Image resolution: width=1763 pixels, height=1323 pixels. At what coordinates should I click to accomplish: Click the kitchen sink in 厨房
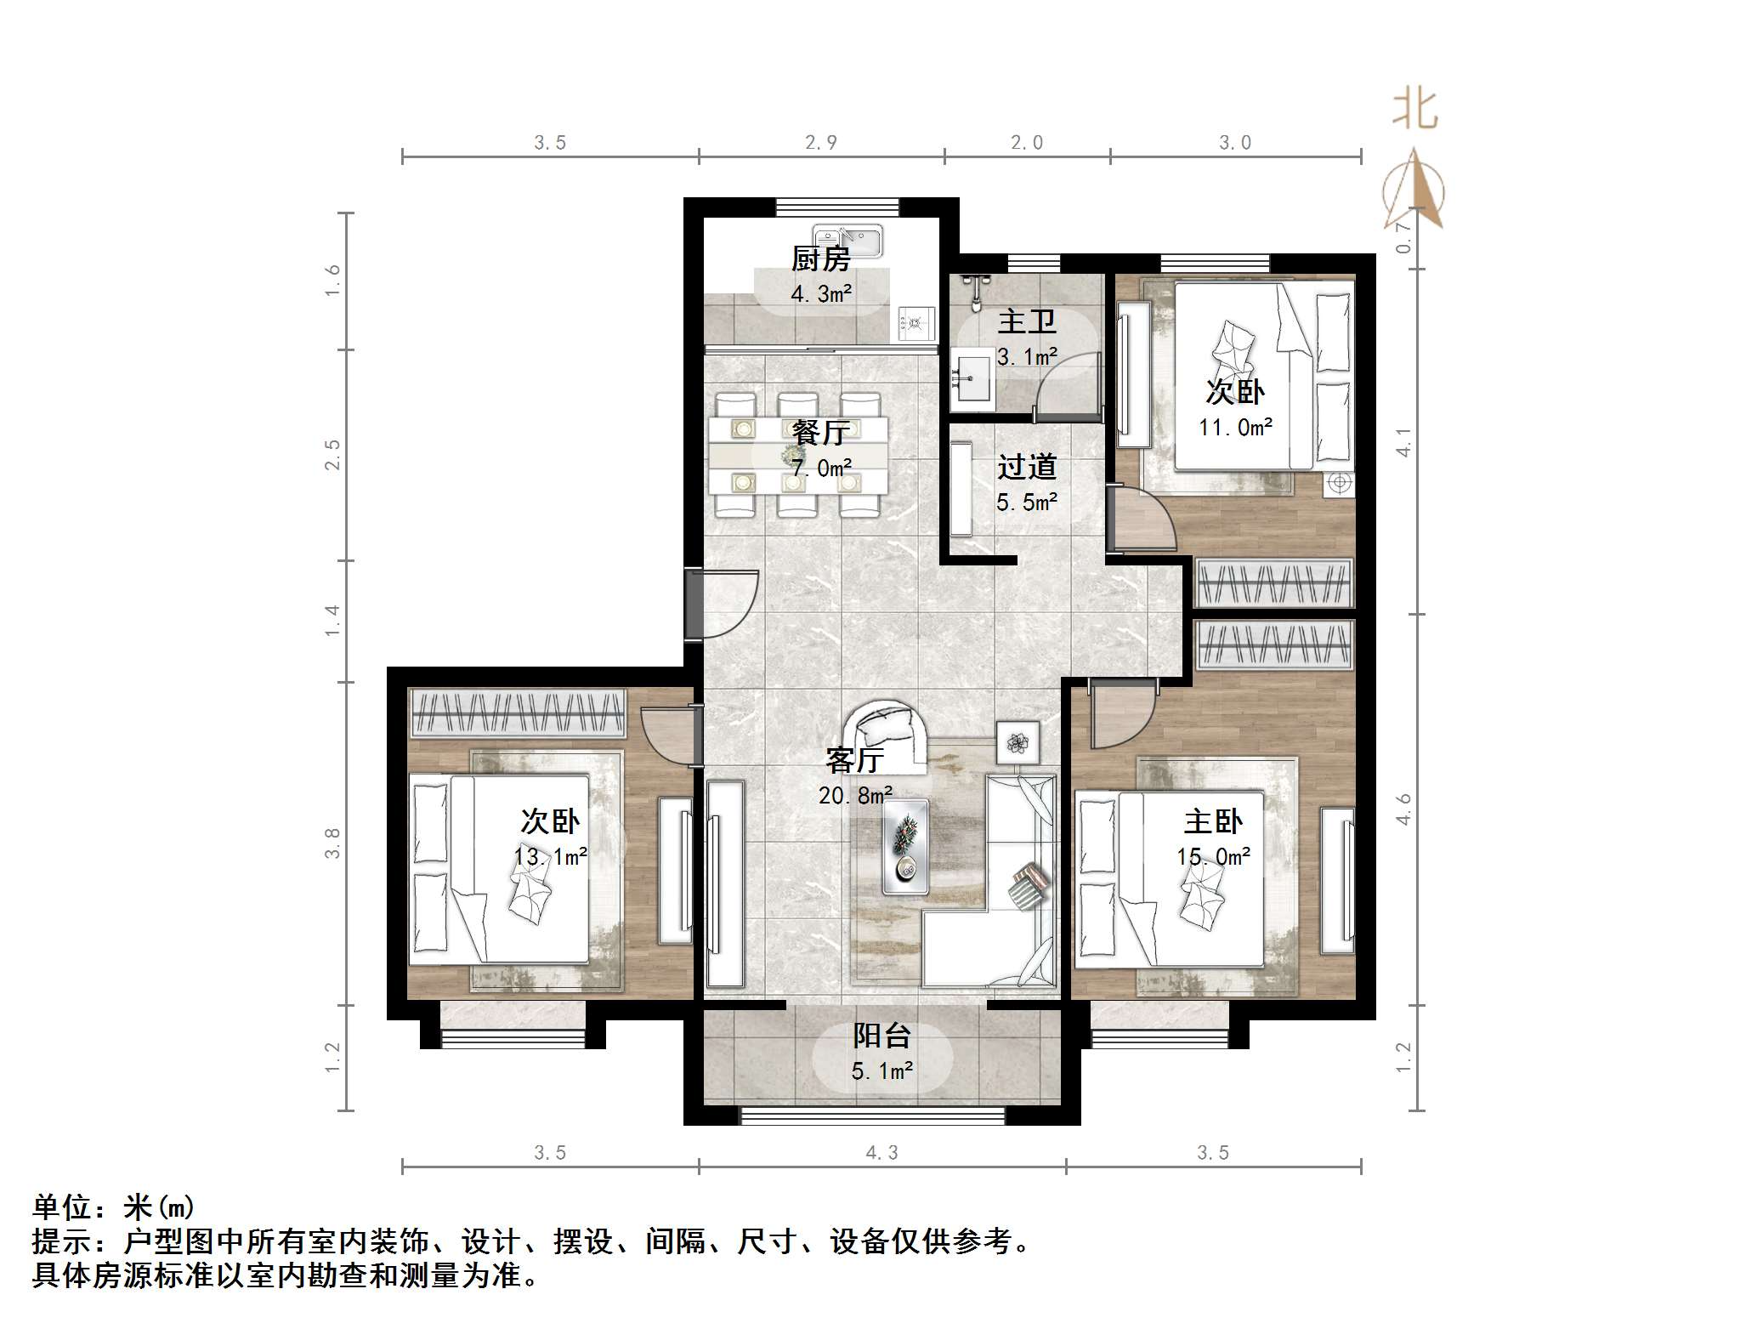847,241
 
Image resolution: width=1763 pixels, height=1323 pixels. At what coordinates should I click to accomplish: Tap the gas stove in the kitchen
916,323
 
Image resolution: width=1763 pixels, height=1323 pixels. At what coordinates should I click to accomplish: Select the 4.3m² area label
821,294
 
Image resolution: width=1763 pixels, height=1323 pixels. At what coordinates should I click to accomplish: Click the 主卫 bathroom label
1026,321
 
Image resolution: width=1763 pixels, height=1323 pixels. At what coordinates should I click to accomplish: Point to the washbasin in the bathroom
972,379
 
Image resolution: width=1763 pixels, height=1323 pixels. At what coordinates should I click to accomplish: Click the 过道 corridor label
1027,467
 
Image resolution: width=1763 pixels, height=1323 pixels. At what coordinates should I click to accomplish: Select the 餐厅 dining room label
820,432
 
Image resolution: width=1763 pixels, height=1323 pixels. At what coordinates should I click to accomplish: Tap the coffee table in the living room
904,846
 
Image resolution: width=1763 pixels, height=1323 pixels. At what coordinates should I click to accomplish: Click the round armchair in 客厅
886,733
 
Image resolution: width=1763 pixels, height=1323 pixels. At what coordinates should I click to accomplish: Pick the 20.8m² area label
855,795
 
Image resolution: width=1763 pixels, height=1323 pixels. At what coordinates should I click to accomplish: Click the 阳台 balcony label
881,1036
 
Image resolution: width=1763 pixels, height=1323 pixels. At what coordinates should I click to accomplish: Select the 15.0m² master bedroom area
1213,856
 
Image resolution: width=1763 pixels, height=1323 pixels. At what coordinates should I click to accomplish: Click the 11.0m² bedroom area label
1235,428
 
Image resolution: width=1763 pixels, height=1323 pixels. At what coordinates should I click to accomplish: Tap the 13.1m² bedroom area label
551,856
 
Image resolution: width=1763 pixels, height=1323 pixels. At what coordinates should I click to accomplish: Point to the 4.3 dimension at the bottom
881,1153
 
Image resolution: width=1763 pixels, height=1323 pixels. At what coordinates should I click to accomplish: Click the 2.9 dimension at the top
821,143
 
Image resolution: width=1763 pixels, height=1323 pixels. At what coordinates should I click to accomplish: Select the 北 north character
1414,110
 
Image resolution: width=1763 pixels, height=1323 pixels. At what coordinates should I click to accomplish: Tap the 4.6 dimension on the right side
1403,809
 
